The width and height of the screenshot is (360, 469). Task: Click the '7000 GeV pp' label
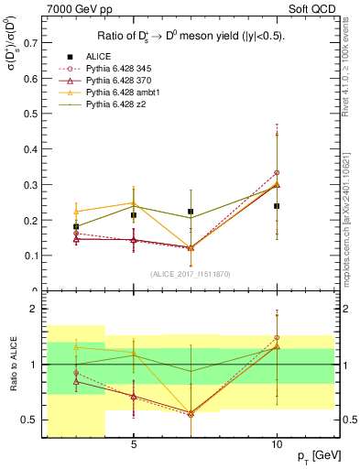pos(76,7)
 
